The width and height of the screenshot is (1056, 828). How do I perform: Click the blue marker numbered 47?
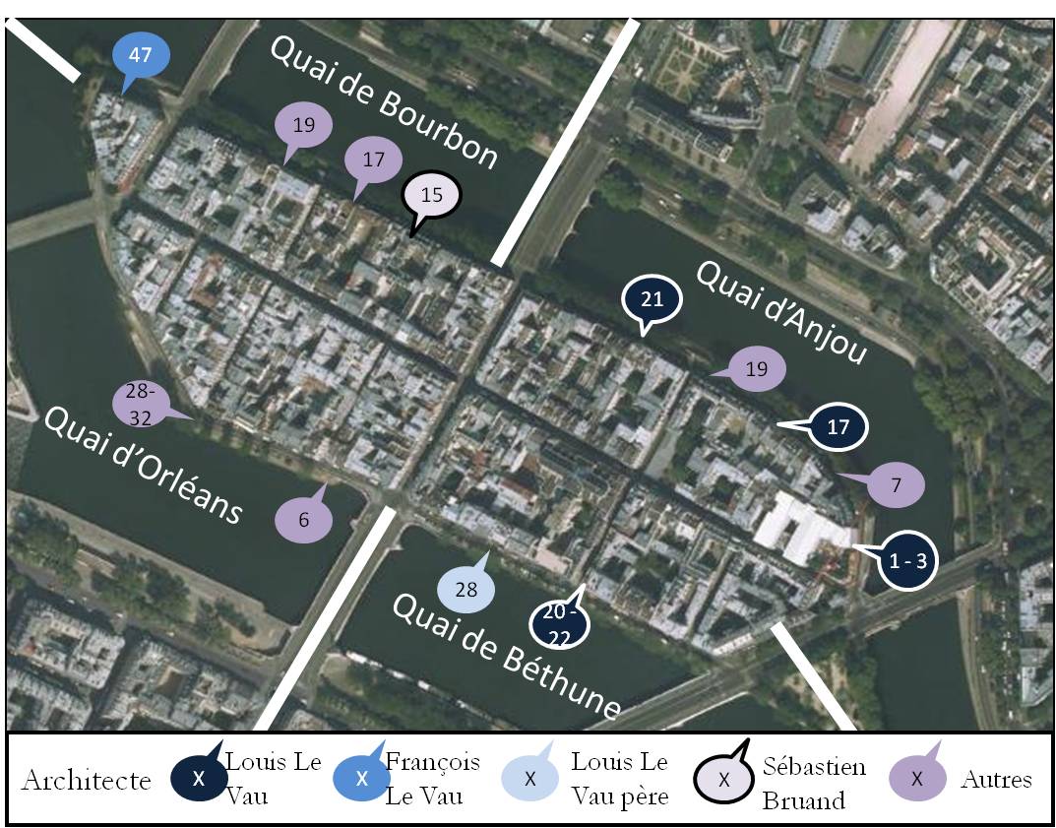[x=141, y=55]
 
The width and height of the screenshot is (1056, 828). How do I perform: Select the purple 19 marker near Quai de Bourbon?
[x=303, y=125]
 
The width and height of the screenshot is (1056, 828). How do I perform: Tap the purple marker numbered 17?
[x=373, y=159]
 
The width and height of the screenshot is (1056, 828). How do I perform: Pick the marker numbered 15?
[x=432, y=195]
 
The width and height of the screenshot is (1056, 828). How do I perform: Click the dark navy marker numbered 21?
[x=652, y=298]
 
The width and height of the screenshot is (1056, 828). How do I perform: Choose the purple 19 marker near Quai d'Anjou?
[x=756, y=370]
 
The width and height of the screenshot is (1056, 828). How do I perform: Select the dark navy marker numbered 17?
[x=838, y=428]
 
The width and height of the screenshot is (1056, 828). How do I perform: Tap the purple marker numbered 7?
[x=896, y=484]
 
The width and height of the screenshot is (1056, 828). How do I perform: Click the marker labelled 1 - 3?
[x=907, y=560]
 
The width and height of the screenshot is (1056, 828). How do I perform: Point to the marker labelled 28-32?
[x=141, y=405]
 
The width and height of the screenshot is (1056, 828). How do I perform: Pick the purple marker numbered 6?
[x=303, y=520]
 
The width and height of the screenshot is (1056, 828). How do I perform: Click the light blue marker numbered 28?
[x=466, y=590]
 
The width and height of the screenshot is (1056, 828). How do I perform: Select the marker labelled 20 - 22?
[x=559, y=624]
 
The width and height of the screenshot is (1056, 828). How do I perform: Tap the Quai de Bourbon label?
[x=384, y=102]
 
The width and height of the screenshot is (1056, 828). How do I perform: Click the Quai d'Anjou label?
[x=781, y=312]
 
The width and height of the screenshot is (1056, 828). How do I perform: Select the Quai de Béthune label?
[x=507, y=657]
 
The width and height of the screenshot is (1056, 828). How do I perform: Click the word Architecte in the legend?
[x=86, y=781]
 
